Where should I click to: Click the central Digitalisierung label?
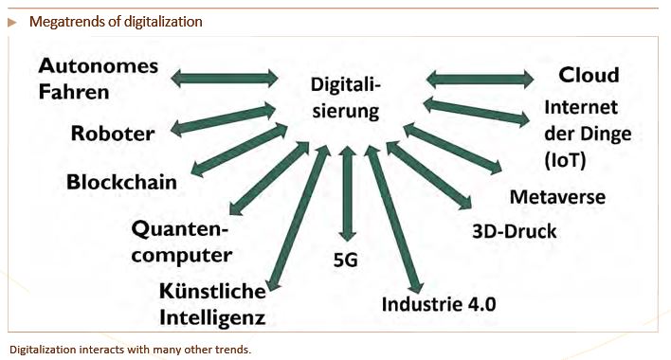pos(346,98)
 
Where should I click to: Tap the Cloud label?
pos(589,75)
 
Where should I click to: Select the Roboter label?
pos(113,134)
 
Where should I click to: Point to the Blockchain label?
pos(121,182)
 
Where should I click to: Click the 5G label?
pos(345,260)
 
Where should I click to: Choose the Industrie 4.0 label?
pos(439,304)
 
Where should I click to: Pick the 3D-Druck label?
pos(515,231)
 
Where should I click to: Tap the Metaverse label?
pos(557,197)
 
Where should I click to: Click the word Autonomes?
pos(99,66)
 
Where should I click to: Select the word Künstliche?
pos(212,291)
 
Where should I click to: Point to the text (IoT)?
pos(565,161)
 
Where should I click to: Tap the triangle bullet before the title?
pos(12,22)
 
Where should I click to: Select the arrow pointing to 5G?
pos(347,193)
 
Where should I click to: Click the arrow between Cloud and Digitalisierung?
pos(480,80)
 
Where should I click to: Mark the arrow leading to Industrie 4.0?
pos(393,220)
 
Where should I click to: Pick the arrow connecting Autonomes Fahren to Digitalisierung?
pos(225,79)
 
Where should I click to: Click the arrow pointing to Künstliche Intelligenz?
pos(298,218)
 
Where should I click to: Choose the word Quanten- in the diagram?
pos(180,229)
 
